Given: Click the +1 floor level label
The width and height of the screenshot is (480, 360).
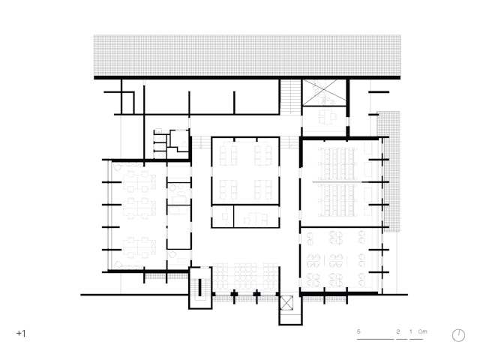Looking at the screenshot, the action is [21, 333].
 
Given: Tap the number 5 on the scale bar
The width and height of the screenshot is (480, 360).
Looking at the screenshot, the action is [358, 331].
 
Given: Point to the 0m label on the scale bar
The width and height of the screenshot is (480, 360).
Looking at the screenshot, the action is [423, 331].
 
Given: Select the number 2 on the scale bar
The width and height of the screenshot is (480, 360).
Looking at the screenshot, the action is [398, 331].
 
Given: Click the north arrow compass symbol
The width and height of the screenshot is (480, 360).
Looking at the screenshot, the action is [458, 335].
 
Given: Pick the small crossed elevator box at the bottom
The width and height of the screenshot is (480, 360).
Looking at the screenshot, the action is [286, 303].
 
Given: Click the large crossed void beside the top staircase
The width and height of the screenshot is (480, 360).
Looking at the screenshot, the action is [324, 92].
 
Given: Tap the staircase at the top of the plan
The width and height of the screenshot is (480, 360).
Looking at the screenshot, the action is [290, 97].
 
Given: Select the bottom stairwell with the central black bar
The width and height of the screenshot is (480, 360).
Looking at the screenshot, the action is [200, 288].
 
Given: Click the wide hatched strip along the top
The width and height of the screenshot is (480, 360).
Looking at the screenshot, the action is [247, 55].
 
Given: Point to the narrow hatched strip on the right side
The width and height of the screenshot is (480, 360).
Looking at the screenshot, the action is [388, 171].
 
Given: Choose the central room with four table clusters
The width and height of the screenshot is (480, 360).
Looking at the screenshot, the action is [245, 171].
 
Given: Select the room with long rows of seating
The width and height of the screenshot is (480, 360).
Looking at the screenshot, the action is [340, 182].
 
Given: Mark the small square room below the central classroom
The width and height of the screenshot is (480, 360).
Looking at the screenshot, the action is [223, 217].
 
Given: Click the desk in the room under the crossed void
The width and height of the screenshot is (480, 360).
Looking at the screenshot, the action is [327, 117].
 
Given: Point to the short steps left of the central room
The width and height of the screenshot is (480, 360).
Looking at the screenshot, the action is [201, 142].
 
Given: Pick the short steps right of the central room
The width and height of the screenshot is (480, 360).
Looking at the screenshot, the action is [289, 142].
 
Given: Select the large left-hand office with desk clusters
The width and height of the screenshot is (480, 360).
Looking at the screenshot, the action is [138, 215].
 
